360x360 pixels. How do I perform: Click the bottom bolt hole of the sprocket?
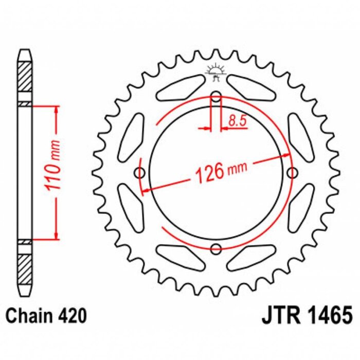coord(217,249)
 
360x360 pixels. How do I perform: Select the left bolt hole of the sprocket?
coord(139,172)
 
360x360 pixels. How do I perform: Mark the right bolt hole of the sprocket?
coord(294,172)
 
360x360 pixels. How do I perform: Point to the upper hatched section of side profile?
coord(25,77)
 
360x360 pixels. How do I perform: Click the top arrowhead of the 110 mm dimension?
coord(56,109)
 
